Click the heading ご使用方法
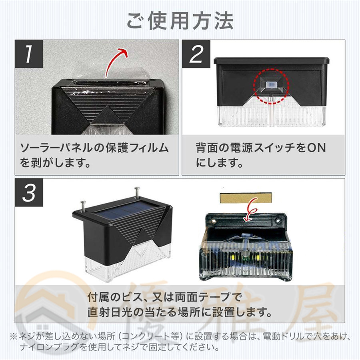click(x=180, y=20)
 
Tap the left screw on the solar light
click(x=84, y=205)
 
